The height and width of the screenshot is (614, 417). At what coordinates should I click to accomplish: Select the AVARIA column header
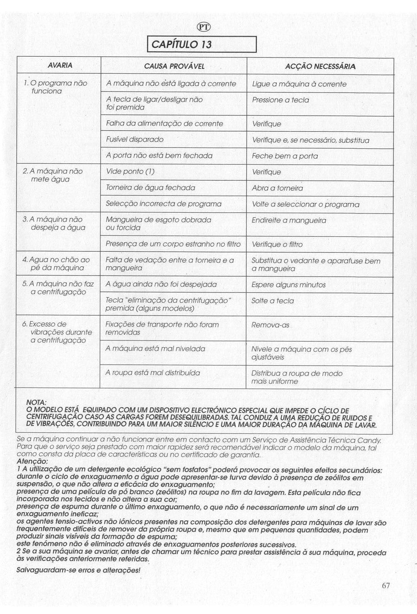pos(60,65)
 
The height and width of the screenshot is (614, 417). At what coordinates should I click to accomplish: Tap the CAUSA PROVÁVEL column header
pos(174,66)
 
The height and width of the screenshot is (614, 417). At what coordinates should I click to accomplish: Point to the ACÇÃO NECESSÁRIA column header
pos(320,66)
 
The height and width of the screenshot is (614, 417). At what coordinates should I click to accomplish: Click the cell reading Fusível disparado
pos(135,139)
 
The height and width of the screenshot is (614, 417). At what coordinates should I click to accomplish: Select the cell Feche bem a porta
pos(285,156)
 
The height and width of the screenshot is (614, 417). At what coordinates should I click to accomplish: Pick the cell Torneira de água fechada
pos(150,188)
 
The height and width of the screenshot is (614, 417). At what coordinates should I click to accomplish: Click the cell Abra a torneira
pos(277,188)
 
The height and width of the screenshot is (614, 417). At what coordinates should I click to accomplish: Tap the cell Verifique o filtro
pos(277,245)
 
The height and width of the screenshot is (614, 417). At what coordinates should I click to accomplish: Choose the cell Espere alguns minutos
pos(288,285)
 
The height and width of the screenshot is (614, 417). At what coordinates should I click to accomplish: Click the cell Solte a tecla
pos(272,301)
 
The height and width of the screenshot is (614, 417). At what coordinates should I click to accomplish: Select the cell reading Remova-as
pos(270,325)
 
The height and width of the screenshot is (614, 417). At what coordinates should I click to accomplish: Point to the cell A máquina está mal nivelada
pos(155,349)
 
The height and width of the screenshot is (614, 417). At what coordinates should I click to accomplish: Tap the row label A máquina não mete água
pos(53,175)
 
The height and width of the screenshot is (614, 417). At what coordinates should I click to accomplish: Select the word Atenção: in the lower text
pos(32,462)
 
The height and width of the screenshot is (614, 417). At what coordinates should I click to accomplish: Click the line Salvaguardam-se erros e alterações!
pos(78,570)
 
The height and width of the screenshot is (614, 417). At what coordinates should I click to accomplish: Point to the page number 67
pos(386,586)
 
